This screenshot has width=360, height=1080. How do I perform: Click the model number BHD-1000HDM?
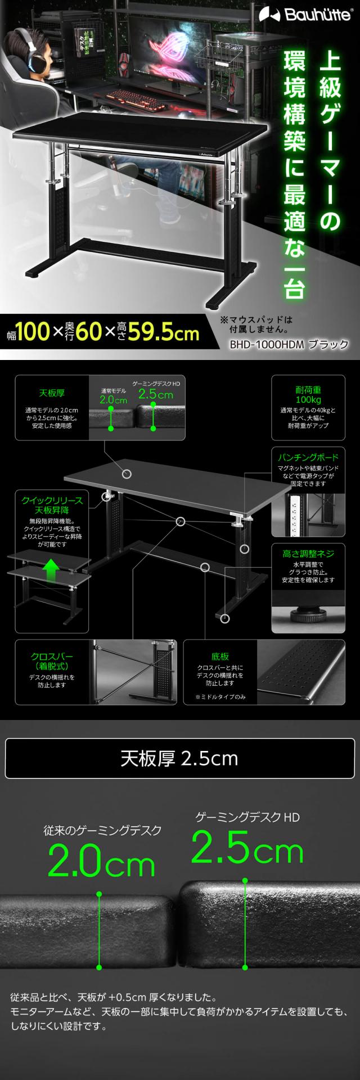264,344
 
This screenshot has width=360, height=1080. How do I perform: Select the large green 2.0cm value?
101,865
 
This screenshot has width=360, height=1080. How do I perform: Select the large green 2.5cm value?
247,849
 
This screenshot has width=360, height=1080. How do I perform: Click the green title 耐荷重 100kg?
308,395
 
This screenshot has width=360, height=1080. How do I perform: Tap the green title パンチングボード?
308,457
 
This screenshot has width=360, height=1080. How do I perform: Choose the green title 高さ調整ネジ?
308,554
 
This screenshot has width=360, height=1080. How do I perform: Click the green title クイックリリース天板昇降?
52,505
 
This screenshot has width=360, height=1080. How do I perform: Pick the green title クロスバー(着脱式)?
51,661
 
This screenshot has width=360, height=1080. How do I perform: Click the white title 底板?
220,656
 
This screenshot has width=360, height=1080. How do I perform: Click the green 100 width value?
33,332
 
